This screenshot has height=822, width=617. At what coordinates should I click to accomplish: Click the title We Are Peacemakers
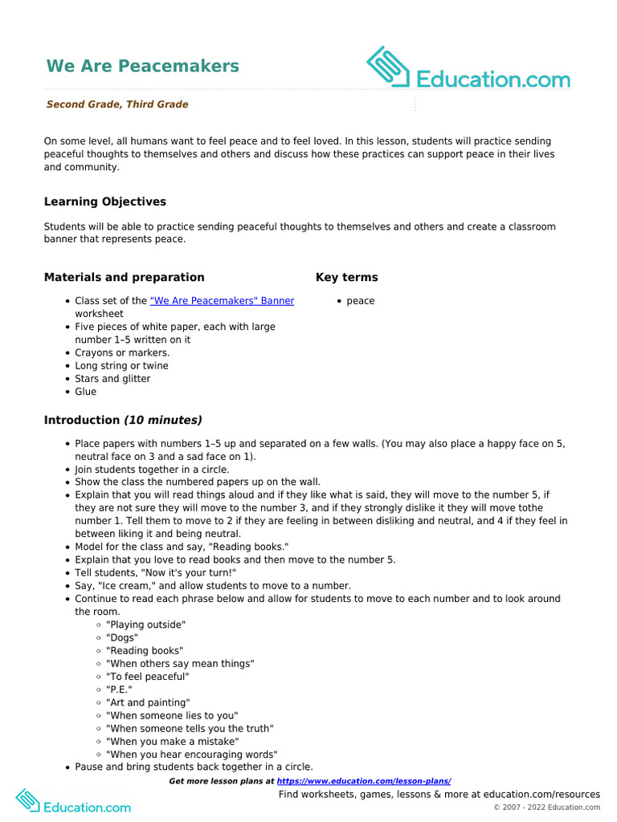(142, 66)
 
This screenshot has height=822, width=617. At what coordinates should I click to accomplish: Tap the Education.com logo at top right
(468, 69)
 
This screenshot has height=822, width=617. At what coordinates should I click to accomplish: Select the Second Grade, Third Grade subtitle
(117, 104)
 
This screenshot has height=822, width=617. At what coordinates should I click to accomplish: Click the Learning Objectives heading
(105, 201)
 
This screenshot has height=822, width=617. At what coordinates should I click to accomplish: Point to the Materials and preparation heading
(124, 277)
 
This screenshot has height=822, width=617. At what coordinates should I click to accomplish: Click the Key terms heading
(346, 277)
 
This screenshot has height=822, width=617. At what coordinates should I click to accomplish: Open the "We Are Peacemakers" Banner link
(222, 301)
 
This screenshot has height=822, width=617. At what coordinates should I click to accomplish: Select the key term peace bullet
(361, 301)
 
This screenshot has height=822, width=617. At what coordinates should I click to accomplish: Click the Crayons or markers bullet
(122, 352)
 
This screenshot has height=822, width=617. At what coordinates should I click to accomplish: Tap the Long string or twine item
(121, 366)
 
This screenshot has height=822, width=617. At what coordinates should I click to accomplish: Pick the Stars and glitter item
(112, 379)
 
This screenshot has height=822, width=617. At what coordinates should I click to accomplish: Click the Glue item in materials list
(85, 392)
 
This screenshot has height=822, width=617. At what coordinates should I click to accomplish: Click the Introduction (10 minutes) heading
(123, 420)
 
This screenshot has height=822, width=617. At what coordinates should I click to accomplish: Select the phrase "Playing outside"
(146, 625)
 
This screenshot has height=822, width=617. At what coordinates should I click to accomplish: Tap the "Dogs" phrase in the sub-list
(122, 637)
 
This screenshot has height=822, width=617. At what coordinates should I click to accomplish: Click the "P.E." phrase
(119, 690)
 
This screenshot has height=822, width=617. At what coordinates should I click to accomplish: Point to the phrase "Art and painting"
(148, 702)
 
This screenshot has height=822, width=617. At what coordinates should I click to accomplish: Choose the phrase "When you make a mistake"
(173, 741)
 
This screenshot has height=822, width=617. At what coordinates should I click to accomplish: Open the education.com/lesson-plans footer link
(364, 781)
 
